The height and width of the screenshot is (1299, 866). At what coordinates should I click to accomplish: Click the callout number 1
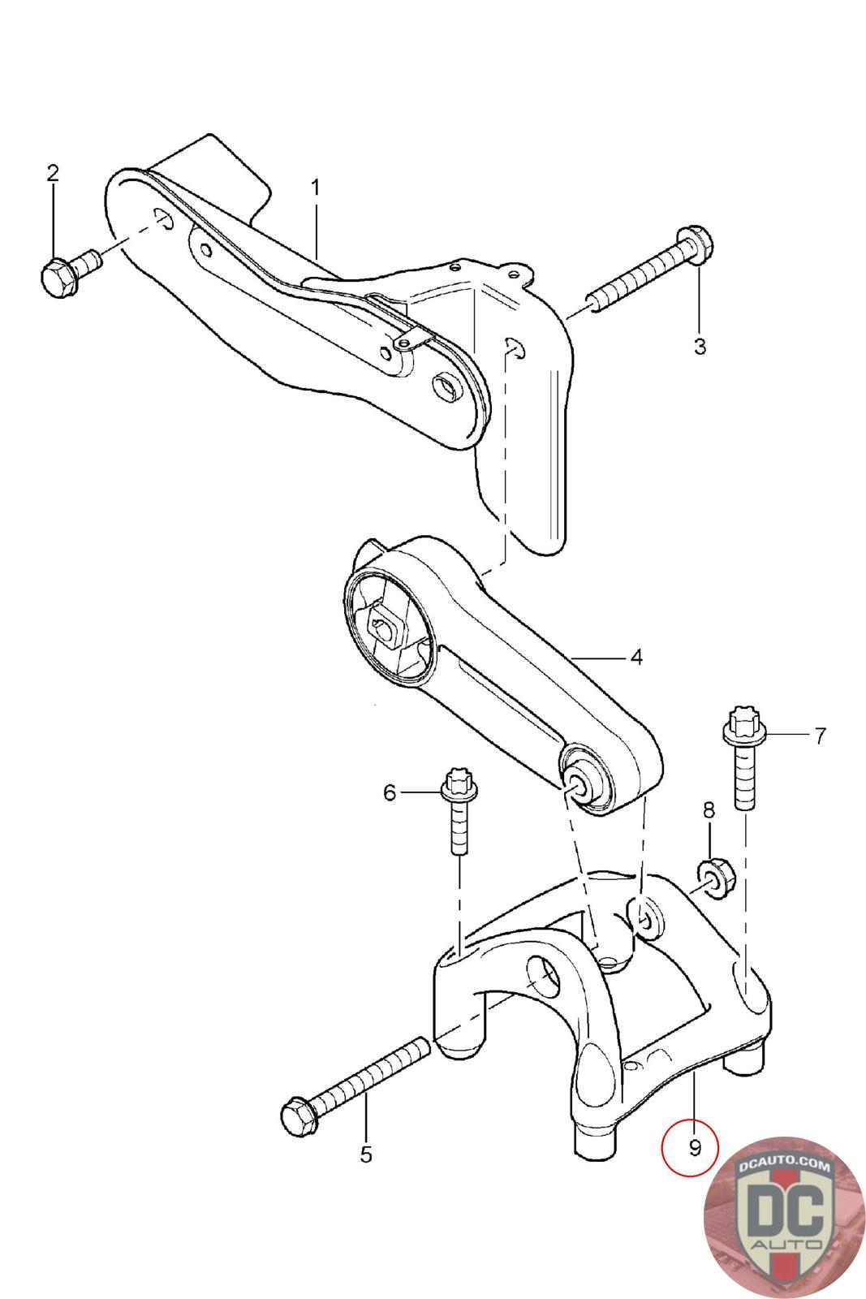point(315,188)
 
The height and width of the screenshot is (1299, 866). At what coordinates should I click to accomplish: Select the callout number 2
point(54,172)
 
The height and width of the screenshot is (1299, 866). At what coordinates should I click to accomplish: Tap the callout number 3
point(700,347)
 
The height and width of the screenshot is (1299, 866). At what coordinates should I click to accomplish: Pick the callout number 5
point(365,1154)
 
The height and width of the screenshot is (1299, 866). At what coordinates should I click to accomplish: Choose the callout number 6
point(390,792)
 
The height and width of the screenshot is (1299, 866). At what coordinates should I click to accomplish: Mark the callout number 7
point(820,736)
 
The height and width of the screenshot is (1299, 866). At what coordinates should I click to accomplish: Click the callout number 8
point(709,809)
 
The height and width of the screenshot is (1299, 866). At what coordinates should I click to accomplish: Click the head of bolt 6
point(459,785)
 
